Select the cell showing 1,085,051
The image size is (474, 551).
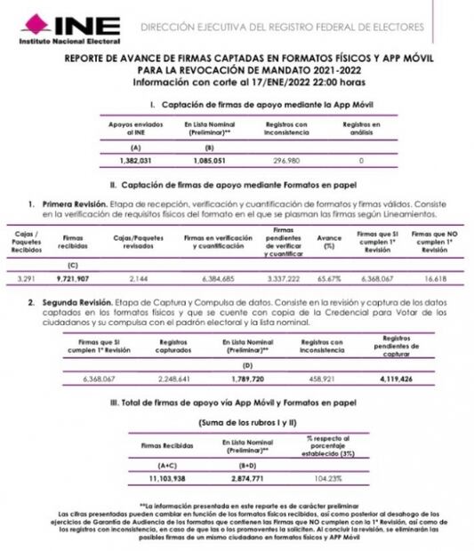coord(210,160)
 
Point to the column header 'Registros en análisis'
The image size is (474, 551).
coord(362,130)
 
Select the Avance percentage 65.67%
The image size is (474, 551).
coord(329,278)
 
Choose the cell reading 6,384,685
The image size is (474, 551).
coord(217,278)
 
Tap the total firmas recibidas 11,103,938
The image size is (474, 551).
coord(167,476)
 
